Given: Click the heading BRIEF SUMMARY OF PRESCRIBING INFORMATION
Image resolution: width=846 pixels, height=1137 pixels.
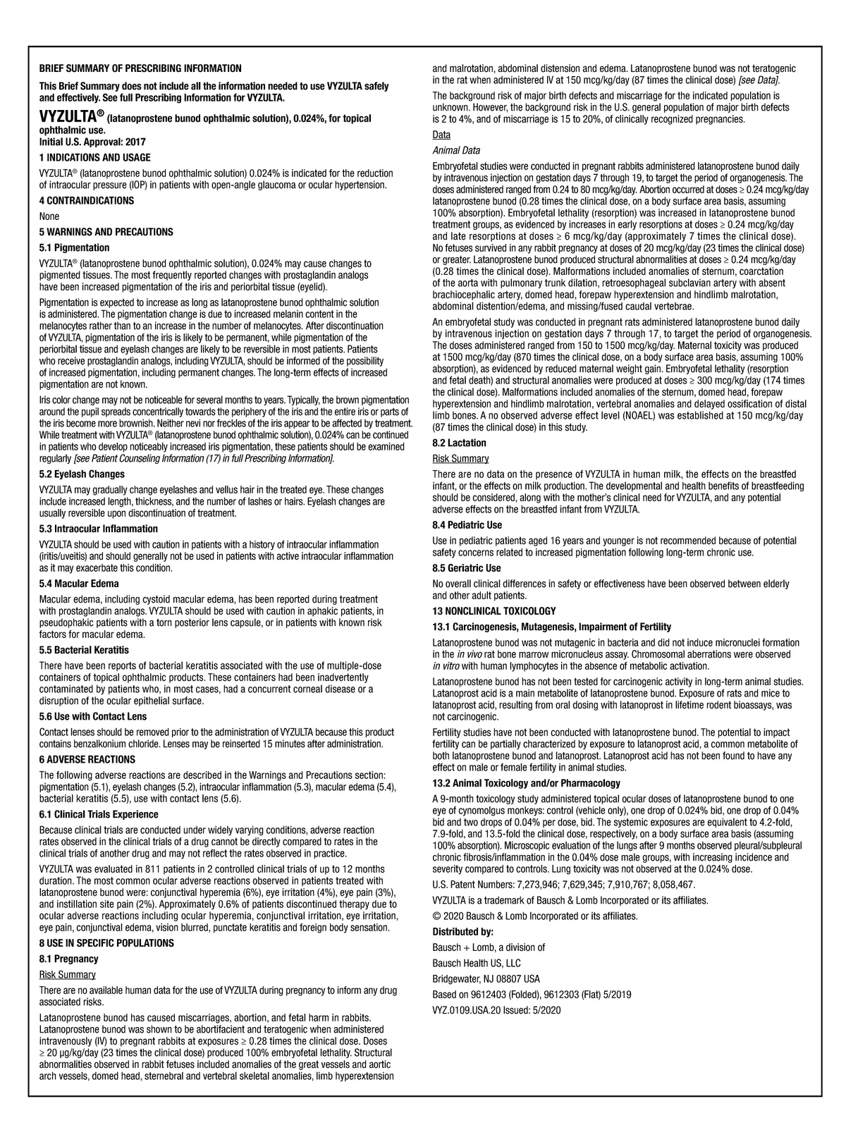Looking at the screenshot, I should [140, 68].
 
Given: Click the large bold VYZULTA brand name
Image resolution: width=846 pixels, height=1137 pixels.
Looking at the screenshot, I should [69, 118].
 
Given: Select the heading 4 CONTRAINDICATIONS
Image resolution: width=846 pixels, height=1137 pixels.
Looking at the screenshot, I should [86, 201].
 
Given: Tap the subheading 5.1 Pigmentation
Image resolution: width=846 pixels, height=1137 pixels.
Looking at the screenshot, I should [74, 248].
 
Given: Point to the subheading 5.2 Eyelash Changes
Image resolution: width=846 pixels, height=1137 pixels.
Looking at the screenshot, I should [82, 474].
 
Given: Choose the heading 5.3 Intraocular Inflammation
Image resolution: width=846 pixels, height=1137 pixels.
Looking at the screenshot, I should [99, 529].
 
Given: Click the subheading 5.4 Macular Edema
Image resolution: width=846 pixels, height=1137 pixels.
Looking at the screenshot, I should [79, 584].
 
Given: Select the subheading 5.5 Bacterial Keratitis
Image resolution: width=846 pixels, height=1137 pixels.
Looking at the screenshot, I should [84, 650].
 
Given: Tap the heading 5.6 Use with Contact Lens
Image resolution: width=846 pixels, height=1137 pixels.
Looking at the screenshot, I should [93, 716].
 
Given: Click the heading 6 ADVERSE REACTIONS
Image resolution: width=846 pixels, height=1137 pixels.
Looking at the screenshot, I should [87, 760].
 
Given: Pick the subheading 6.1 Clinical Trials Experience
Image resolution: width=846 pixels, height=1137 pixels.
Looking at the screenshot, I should [98, 814].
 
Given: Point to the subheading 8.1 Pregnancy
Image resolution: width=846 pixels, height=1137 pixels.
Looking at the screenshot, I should [68, 959].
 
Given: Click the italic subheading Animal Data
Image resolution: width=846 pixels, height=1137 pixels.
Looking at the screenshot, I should [455, 150].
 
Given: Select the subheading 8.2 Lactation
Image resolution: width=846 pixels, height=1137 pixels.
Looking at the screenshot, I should [459, 443].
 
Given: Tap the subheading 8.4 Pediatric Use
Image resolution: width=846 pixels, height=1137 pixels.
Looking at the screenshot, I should [467, 525].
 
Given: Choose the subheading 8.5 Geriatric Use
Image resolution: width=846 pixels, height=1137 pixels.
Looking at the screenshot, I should [466, 568].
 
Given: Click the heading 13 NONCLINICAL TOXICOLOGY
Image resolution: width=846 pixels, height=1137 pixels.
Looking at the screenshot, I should [493, 611].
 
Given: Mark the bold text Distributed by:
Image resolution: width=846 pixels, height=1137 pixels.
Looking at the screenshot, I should [462, 932].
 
